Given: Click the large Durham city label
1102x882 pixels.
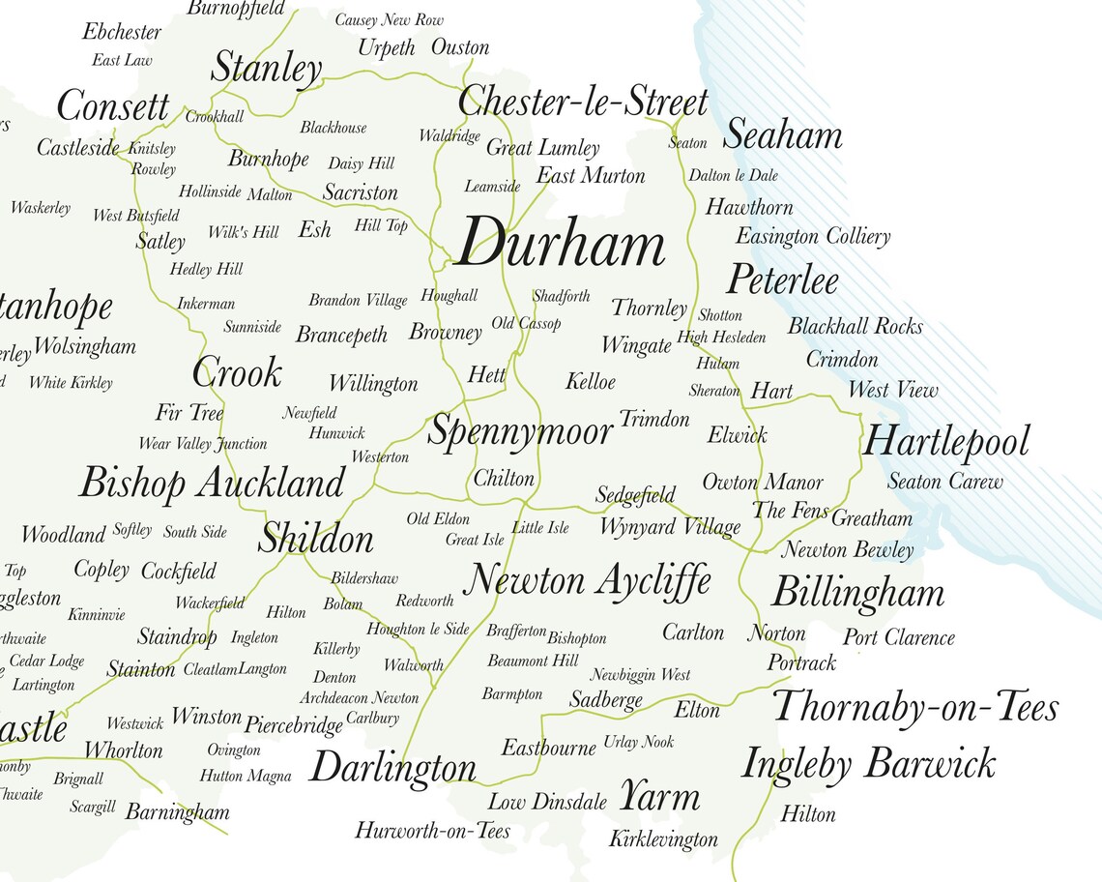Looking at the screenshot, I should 560,244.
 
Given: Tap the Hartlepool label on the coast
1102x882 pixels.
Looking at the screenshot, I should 945,443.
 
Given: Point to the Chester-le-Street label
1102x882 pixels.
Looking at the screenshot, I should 583,102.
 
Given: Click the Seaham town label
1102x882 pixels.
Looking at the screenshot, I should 782,135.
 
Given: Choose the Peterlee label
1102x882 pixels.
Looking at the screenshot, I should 782,280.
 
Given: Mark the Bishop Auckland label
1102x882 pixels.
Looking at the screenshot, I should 212,483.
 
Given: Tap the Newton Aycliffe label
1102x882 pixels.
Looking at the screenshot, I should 588,580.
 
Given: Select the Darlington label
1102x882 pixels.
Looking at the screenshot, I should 392,769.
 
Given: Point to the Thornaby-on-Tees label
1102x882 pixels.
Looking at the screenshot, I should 915,707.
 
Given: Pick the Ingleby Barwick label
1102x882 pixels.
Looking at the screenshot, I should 868,764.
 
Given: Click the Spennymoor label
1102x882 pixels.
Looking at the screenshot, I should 520,431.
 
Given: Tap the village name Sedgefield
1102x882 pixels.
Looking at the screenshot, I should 635,495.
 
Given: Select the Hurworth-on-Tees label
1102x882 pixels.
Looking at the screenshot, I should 432,830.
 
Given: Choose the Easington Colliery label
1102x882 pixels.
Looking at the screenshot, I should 813,236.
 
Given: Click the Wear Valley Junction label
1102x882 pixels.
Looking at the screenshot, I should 202,444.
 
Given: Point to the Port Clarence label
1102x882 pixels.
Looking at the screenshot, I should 898,637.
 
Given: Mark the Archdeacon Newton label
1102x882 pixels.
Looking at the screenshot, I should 359,697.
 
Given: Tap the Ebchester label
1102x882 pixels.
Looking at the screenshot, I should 122,32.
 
